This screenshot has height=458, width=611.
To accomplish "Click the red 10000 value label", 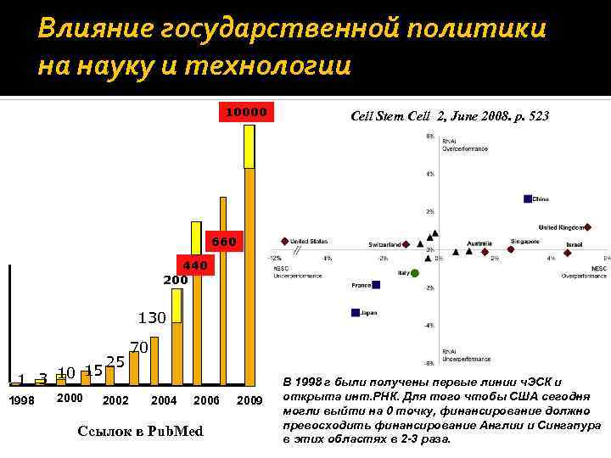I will (x=244, y=112).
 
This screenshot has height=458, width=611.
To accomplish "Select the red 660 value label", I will (x=223, y=242).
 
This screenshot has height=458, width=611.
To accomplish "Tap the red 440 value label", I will (x=194, y=265).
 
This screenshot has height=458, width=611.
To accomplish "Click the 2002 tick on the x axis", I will (x=115, y=399).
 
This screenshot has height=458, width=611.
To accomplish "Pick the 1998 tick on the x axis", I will (x=23, y=399).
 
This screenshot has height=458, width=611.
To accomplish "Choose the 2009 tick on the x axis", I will (x=249, y=399).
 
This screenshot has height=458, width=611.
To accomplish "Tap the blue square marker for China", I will (x=528, y=199).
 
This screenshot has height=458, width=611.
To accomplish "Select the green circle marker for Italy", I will (x=415, y=273).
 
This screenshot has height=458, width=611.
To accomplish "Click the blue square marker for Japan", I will (x=356, y=313).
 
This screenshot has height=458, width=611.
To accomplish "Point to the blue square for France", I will (x=375, y=285).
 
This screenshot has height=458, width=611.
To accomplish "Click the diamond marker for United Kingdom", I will (x=589, y=227).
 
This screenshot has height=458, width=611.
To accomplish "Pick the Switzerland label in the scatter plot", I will (x=384, y=244).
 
